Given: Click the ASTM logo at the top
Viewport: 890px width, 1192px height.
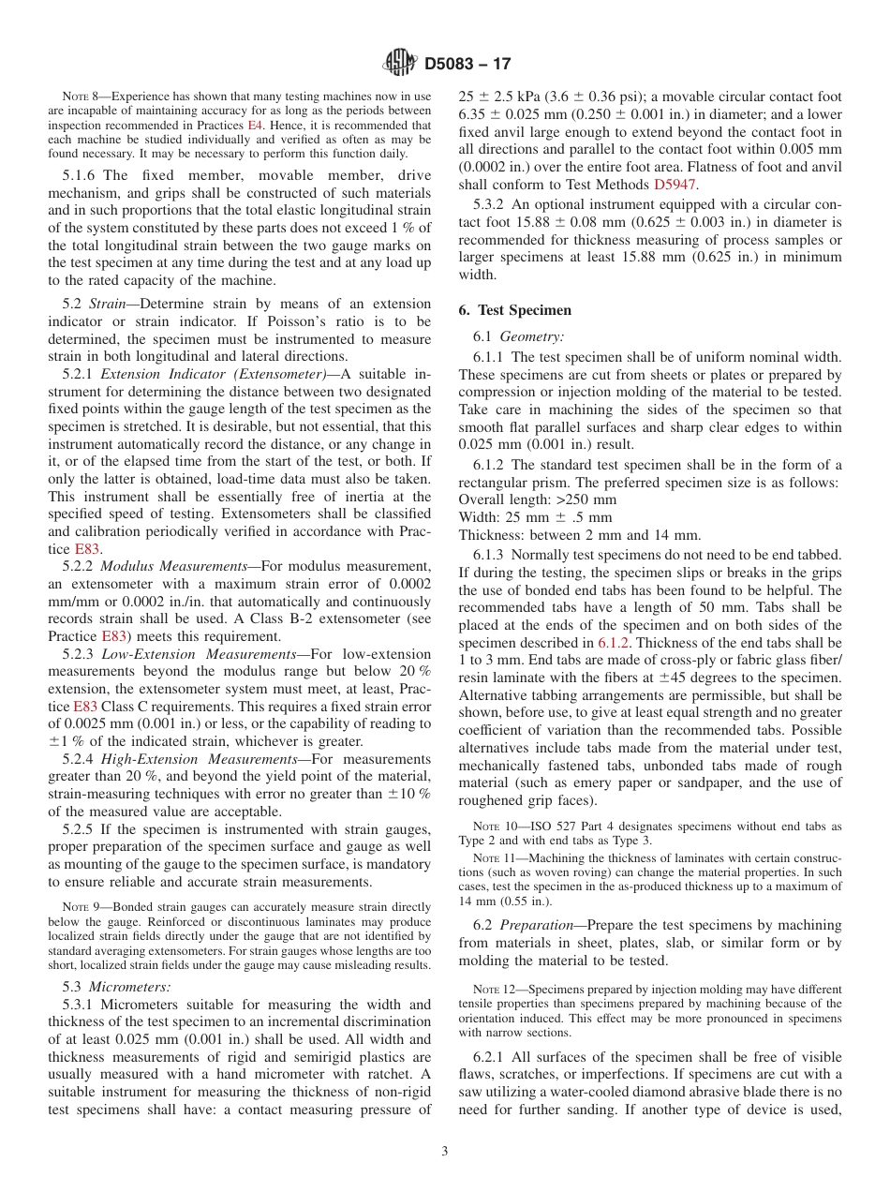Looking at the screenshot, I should click(x=400, y=64).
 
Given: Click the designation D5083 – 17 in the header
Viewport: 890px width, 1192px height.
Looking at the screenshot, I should click(x=467, y=65).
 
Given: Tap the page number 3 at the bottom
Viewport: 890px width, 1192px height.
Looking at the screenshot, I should click(x=445, y=1152).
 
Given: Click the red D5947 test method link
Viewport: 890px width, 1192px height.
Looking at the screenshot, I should click(x=672, y=184).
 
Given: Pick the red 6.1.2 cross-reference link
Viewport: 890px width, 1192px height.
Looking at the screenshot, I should click(x=614, y=643).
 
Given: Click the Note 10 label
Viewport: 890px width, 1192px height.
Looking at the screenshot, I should click(x=495, y=827).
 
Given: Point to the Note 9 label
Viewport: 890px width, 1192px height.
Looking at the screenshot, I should click(x=83, y=907).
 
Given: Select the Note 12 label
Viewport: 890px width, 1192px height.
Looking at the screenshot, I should click(x=495, y=990).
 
